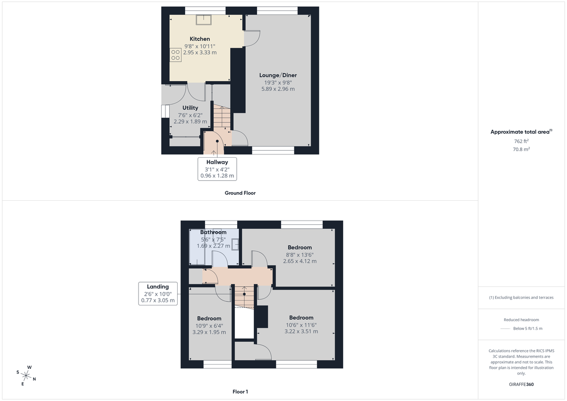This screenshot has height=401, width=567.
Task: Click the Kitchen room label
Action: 200,39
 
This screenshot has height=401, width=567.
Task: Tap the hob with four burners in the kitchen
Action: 175,55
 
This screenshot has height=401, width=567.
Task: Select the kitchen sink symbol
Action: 204,19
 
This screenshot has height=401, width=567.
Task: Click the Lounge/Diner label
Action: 278,75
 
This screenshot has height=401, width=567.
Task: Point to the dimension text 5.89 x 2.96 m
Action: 278,89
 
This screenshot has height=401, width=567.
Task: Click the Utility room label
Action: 190,108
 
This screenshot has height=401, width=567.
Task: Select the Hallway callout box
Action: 217,169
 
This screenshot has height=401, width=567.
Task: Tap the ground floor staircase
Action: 222,117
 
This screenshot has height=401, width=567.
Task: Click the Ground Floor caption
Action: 240,193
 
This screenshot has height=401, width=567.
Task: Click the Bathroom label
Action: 213,232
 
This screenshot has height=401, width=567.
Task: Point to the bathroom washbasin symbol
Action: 235,244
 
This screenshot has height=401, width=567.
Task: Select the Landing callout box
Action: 158,293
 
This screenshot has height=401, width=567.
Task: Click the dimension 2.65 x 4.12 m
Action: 300,261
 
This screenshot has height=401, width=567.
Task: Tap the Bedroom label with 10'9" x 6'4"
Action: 209,318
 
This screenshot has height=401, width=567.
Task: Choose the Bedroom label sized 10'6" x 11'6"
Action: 301,317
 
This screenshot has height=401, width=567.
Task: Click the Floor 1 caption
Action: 240,392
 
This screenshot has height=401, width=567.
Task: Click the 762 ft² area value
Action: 521,141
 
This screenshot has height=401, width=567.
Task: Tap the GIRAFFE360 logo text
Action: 521,384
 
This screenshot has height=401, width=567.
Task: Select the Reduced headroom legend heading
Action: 521,320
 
